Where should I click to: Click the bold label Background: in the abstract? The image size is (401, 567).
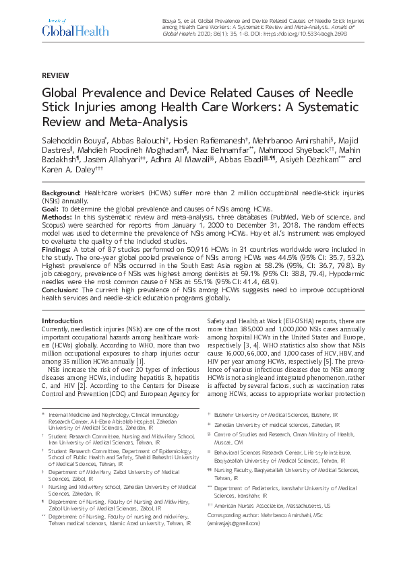tap(62, 193)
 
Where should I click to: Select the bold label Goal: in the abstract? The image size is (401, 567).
tap(52, 209)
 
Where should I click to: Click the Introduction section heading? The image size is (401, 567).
tap(62, 321)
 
